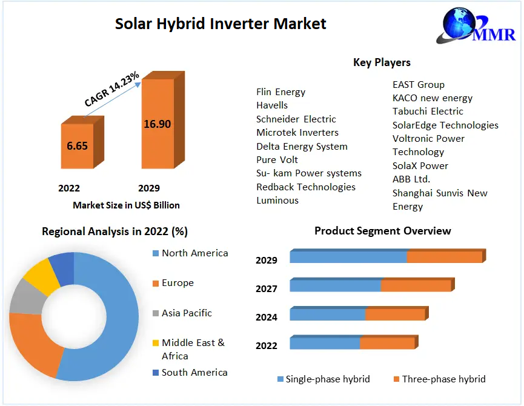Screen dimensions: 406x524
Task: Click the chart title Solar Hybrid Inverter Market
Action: (221, 24)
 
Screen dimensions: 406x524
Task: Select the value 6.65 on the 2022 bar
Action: (77, 146)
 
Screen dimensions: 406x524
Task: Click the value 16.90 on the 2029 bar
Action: (157, 124)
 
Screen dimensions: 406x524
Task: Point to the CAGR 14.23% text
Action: (112, 90)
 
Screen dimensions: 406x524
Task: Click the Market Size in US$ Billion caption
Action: (126, 205)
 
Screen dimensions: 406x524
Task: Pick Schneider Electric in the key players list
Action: (296, 119)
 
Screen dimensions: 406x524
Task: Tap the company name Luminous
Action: (277, 201)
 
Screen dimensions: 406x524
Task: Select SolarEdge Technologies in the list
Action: (445, 125)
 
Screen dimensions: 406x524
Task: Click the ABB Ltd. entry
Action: (411, 179)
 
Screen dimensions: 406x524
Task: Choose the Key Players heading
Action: (382, 62)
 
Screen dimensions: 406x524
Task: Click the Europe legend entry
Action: (177, 283)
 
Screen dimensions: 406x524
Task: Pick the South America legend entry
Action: (194, 372)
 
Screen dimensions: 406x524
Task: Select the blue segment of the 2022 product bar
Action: (325, 344)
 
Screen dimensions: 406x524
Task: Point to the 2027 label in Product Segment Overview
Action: (267, 289)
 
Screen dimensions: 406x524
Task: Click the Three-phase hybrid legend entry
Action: (443, 379)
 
